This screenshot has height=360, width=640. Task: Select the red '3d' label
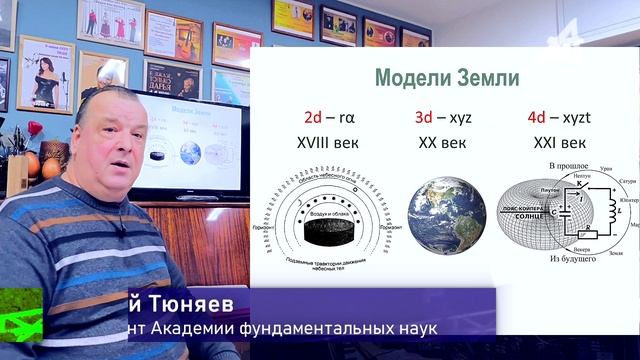tap(422, 118)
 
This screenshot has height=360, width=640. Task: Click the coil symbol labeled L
tap(608, 211)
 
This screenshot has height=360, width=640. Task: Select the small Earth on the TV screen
tap(190, 152)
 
